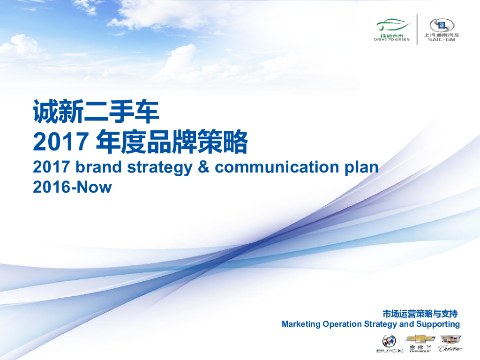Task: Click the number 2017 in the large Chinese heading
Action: (x=60, y=142)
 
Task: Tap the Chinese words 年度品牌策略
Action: (x=171, y=142)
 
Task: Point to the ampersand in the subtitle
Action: (x=203, y=167)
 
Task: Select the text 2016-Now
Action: (x=72, y=187)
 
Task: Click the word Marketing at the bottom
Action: (x=301, y=324)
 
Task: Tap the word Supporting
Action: (x=438, y=324)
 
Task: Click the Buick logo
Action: (x=389, y=341)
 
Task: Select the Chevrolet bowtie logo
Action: (x=420, y=338)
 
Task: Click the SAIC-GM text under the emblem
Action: (x=442, y=40)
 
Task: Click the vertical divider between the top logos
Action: (x=417, y=29)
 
